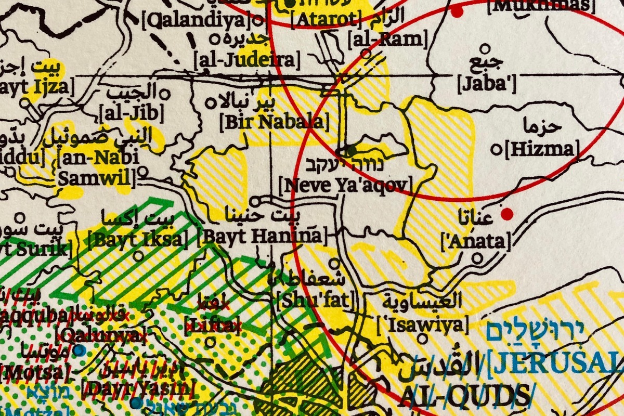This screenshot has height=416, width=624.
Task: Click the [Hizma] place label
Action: click(542, 150)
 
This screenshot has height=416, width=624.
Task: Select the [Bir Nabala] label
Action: click(275, 122)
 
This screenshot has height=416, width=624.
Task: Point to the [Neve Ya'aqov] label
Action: click(345, 185)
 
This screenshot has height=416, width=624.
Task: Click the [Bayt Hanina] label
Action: click(263, 237)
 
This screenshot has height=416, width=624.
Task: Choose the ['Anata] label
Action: click(475, 240)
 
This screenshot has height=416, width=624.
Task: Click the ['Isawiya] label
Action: click(419, 325)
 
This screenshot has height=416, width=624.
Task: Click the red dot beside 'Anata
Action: click(507, 213)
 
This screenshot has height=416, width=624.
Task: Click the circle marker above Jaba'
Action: click(486, 49)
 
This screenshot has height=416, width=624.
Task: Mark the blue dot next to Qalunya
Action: click(79, 351)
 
